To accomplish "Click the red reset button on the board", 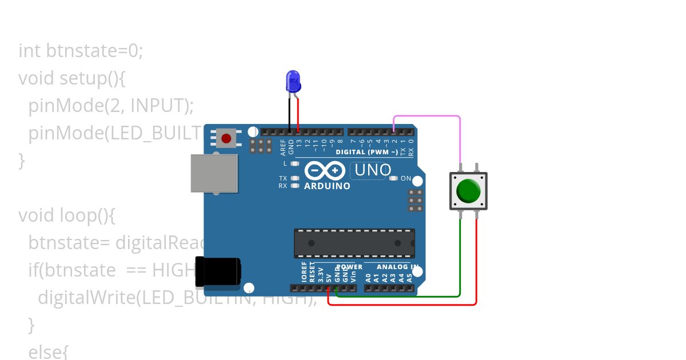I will point(227,138).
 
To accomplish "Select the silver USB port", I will point(214,173).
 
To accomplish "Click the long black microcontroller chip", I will point(354,243).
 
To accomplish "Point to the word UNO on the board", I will point(373,170).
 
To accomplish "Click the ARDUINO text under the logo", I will point(327,186).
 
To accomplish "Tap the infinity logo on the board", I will point(325,170).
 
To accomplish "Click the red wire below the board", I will point(400,305).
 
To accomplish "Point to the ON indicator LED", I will point(393,178).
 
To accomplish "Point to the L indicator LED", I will point(295,163).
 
